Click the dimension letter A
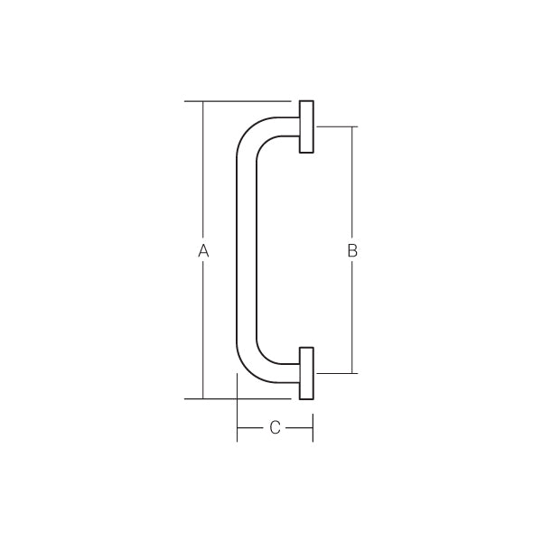(x=203, y=250)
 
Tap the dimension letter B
(x=352, y=250)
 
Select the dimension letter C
(x=275, y=427)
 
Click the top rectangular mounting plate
(x=306, y=126)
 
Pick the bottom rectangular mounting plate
(x=306, y=373)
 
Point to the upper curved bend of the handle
(x=251, y=135)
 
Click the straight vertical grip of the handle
(x=247, y=250)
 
